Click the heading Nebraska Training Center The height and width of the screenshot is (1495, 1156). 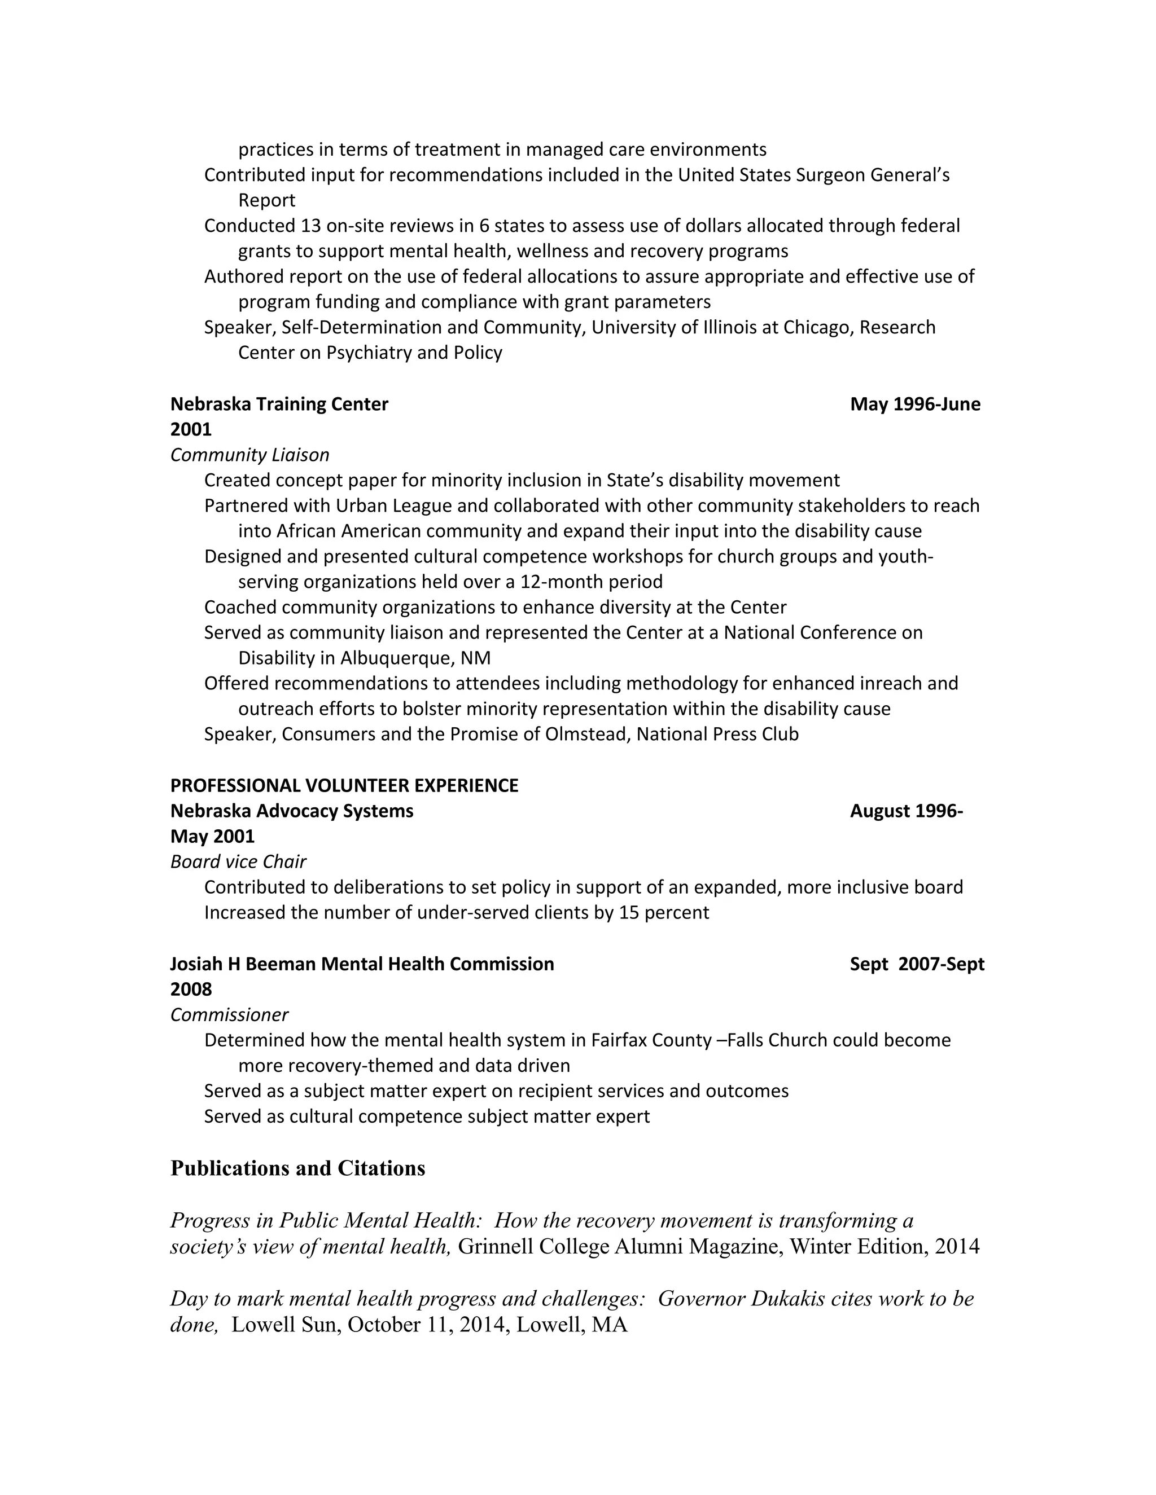pos(279,404)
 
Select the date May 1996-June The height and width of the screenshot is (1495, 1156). pos(915,404)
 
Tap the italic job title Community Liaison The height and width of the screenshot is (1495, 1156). pos(249,455)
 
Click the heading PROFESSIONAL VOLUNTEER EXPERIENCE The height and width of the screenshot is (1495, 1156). pos(344,786)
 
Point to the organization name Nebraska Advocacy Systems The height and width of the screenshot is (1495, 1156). pos(292,811)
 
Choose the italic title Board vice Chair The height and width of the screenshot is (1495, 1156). pos(238,862)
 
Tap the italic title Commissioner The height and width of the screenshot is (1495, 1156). pos(229,1015)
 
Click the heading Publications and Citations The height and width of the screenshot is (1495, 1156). pos(297,1168)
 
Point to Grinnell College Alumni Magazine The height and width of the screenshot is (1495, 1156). pos(619,1247)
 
